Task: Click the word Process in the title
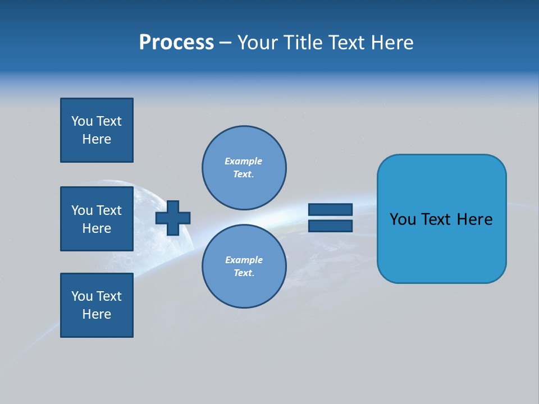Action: coord(176,43)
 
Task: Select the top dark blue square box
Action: coord(97,130)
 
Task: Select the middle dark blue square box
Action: coord(97,219)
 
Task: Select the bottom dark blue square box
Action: coord(97,305)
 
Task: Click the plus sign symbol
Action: coord(173,218)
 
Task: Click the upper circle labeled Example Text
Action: coord(244,168)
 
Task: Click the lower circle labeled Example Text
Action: coord(244,266)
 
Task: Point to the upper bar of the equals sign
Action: coord(330,209)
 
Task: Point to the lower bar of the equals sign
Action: coord(330,226)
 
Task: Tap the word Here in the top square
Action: coord(97,139)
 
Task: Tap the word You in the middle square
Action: coord(82,210)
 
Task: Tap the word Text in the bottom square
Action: coord(109,296)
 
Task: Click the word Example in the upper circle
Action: coord(244,161)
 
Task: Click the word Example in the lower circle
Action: coord(244,260)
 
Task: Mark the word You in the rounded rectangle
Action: coord(403,219)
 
